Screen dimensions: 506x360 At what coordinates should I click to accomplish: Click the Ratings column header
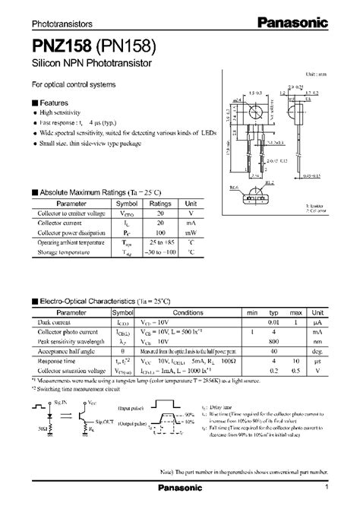(x=159, y=204)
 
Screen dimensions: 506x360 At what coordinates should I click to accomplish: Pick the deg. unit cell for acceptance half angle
(x=318, y=352)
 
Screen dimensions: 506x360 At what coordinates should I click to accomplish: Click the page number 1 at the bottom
(x=326, y=487)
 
